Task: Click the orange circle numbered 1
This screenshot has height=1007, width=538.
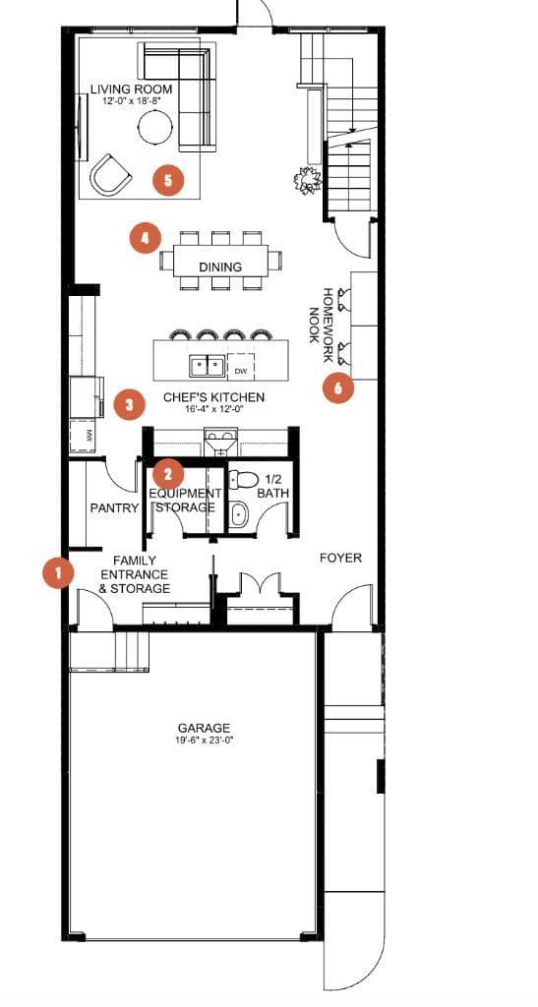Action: point(58,571)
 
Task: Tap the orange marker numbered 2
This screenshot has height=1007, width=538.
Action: point(168,474)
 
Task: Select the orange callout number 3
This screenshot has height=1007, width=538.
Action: point(130,404)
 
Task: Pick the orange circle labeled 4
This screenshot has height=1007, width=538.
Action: point(146,238)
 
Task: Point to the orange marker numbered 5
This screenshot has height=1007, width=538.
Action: point(168,180)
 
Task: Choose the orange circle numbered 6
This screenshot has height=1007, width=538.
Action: point(338,387)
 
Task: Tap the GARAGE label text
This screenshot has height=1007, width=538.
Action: point(205,728)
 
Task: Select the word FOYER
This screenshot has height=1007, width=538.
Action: point(341,559)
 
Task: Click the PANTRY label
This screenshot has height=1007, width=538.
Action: point(114,508)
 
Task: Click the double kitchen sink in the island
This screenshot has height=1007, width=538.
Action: point(207,366)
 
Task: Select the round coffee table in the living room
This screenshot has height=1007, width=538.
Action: point(155,127)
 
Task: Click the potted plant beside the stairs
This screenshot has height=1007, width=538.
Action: point(307,180)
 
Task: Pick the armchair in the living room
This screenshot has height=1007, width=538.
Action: point(110,173)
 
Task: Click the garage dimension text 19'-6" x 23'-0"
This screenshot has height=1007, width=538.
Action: point(205,739)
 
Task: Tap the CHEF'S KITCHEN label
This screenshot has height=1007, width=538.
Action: point(213,397)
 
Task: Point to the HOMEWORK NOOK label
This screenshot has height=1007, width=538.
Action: point(321,316)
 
